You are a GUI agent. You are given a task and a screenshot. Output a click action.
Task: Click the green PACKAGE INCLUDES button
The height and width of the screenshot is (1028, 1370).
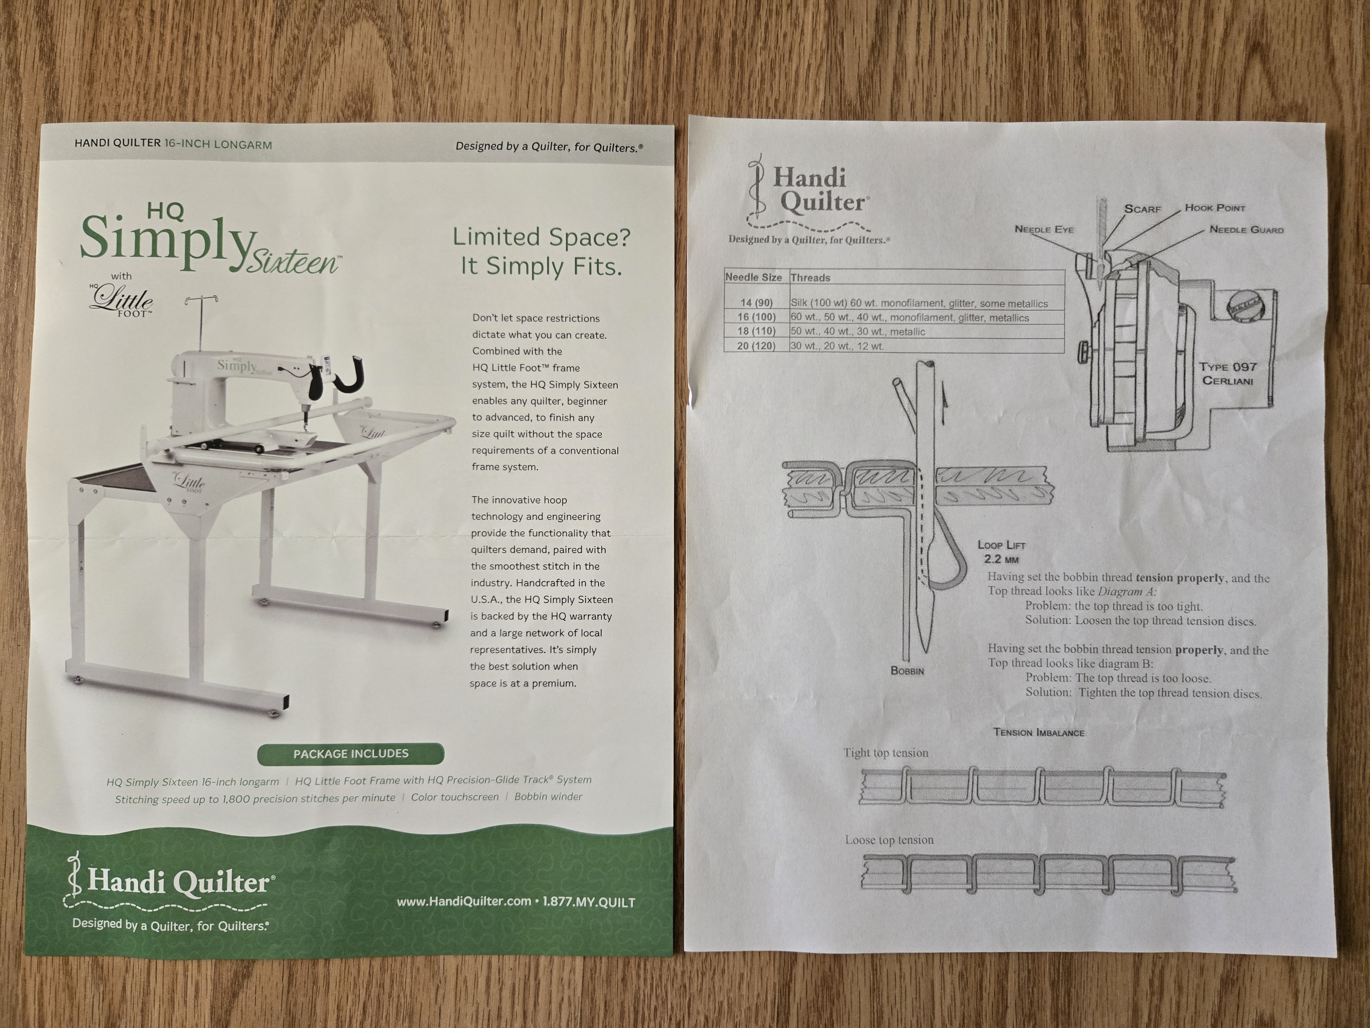(351, 754)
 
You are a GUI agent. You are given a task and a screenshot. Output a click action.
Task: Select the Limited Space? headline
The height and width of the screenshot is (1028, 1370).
(541, 237)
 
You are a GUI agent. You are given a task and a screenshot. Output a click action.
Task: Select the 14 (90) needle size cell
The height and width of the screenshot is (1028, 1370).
(756, 303)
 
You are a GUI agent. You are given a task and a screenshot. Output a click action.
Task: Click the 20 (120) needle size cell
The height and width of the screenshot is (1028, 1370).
(756, 346)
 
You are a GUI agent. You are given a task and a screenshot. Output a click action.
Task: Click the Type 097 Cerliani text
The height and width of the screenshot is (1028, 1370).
(1228, 374)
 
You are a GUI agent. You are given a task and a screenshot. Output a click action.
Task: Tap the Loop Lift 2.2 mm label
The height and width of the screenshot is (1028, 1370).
(1001, 551)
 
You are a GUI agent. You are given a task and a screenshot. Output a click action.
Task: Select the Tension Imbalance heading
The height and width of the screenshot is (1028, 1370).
(1039, 732)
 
